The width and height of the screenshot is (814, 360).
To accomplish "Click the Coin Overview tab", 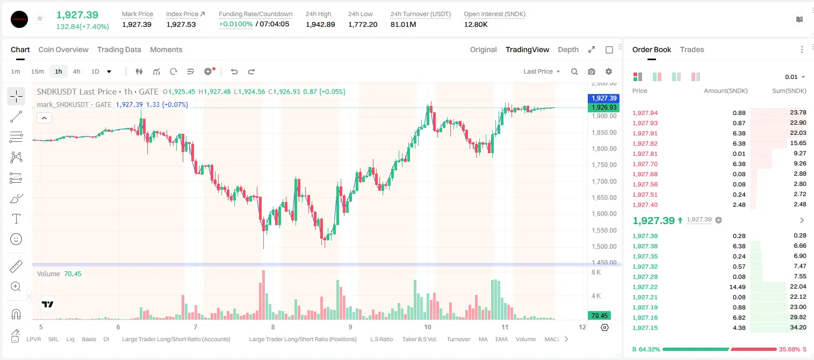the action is [63, 49].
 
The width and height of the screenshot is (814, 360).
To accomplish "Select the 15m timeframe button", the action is [37, 71].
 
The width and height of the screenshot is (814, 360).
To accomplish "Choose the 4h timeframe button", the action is [76, 71].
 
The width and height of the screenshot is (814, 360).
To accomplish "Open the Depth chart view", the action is [568, 49].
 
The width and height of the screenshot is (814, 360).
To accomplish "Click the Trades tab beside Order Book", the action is [692, 49].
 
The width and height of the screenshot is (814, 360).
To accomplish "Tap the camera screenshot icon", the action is [592, 71].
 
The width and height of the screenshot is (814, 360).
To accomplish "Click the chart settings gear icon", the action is [609, 71].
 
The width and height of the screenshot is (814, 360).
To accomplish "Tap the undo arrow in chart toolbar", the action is [234, 71].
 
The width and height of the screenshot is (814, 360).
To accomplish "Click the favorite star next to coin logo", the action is [40, 18].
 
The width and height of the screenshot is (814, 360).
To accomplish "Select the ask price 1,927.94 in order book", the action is [645, 113].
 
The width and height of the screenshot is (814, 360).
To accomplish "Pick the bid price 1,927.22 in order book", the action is [645, 287].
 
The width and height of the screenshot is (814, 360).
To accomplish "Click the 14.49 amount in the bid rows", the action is [737, 287].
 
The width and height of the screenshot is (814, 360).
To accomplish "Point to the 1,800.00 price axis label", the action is [604, 149].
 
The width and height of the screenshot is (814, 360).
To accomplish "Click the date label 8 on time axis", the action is [273, 327].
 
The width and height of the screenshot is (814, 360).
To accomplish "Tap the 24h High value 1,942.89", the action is [320, 24].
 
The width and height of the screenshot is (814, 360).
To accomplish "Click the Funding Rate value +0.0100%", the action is [235, 24].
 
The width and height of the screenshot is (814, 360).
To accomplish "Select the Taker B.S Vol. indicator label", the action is [419, 339].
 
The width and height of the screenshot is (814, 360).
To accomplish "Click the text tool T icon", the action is [16, 219].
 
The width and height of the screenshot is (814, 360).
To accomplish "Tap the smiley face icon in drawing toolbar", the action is [16, 239].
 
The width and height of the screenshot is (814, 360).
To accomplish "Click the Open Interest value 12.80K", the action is [476, 24].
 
